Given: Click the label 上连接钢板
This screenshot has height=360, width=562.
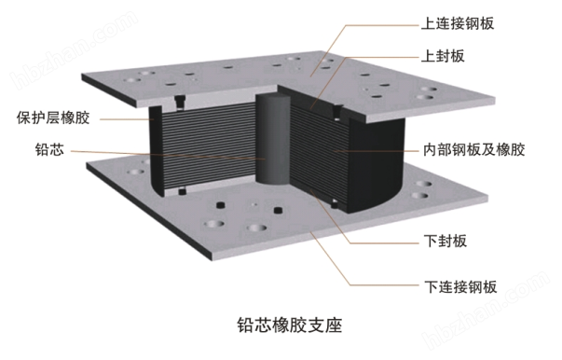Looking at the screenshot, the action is click(x=458, y=23).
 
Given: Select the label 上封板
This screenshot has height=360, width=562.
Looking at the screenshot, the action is click(x=443, y=56).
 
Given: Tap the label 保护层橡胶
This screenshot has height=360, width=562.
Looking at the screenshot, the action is click(x=53, y=118).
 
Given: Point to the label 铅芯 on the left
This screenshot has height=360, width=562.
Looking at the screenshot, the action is click(x=49, y=149).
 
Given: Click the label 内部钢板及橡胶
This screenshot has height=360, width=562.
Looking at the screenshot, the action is click(x=473, y=149).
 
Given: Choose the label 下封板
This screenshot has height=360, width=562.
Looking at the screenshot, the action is click(x=445, y=241).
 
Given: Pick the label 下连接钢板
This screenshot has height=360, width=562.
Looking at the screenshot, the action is click(x=460, y=287).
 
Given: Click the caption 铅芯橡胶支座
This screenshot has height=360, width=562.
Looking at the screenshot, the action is click(x=289, y=325).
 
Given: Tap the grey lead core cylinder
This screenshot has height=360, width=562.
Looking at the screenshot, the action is click(x=272, y=139).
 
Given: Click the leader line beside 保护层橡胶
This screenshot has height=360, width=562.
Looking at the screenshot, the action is click(x=127, y=119).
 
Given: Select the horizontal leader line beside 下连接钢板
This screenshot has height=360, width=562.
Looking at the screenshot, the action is click(x=384, y=285).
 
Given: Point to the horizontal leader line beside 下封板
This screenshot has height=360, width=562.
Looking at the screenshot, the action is click(x=384, y=243).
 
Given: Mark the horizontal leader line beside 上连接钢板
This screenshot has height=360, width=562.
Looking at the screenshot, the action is click(x=382, y=25).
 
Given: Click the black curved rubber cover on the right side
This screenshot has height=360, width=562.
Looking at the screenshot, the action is click(x=377, y=165).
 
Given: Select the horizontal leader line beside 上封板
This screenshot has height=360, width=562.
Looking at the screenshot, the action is click(x=382, y=58).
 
